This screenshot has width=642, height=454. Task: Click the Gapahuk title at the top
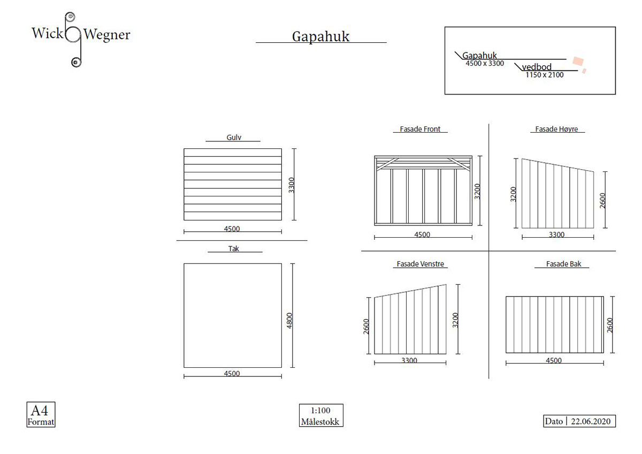[x=320, y=36]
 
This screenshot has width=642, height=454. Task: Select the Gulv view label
[x=233, y=138]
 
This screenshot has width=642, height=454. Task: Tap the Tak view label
[x=233, y=249]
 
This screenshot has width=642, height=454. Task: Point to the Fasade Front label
[x=424, y=129]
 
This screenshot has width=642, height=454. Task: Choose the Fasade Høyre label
[x=556, y=129]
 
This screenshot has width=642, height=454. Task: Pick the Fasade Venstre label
[x=421, y=264]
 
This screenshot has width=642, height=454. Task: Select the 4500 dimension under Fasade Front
[x=422, y=234]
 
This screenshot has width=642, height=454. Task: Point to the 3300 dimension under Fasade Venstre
[x=409, y=360]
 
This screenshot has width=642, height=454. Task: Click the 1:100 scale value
[x=320, y=411]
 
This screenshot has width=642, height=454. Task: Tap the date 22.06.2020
[x=591, y=421]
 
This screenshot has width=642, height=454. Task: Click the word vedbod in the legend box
[x=536, y=67]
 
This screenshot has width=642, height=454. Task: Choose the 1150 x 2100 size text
[x=544, y=75]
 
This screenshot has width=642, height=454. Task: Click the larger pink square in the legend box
[x=577, y=61]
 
